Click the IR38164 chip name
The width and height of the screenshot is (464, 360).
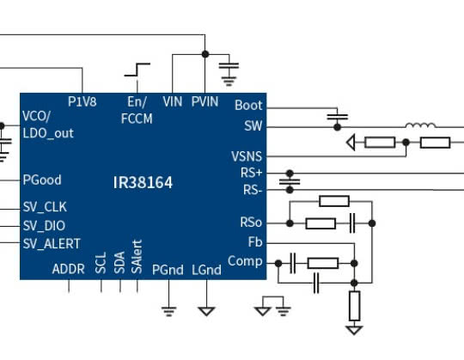coord(143,183)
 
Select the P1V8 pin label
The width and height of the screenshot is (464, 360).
coord(82,101)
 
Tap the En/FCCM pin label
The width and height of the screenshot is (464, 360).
coord(137,110)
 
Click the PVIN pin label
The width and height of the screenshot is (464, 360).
coord(205,101)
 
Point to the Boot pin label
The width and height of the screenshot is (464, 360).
coord(248,106)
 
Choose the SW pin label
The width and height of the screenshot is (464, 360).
coord(253,126)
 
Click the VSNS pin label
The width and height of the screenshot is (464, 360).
coord(247,156)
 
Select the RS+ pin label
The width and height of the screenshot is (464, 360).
coord(251,173)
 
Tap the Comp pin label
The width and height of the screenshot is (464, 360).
coord(245,261)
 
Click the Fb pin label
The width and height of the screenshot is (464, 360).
coord(254,242)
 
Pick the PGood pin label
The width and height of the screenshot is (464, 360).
coord(41,180)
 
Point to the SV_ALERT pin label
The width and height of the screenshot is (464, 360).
coord(52,243)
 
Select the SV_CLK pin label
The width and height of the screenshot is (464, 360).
coord(45,207)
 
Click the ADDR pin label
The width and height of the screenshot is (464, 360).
coord(69,269)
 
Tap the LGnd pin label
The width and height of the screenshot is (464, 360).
coord(206,269)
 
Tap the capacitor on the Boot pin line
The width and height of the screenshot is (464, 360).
coord(338,114)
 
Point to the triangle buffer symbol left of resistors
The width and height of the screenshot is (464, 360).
coord(351,142)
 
